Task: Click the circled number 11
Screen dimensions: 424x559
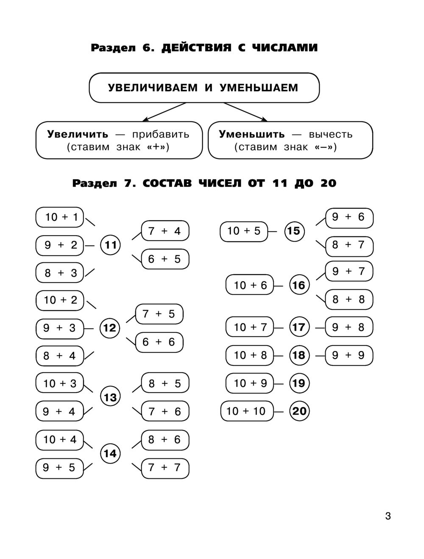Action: [110, 245]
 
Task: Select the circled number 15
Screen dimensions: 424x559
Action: [294, 231]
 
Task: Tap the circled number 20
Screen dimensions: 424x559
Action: [299, 411]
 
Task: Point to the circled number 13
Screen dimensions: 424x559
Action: [110, 397]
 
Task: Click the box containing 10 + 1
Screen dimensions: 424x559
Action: [60, 217]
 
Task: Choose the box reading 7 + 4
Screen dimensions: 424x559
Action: [165, 231]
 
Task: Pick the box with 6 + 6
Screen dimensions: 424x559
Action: [159, 342]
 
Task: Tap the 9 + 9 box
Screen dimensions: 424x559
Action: [349, 355]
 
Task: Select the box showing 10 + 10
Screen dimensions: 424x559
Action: [247, 411]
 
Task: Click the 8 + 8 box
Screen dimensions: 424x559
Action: [349, 299]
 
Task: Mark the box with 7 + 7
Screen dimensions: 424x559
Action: [165, 468]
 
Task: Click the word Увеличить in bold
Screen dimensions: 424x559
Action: [78, 134]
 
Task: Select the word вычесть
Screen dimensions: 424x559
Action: [331, 135]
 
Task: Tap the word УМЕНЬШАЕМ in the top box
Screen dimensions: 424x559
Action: [259, 87]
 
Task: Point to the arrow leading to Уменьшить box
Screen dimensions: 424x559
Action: [245, 112]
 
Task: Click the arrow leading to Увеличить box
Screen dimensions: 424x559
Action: [164, 112]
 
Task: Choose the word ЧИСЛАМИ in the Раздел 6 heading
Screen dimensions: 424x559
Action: [285, 48]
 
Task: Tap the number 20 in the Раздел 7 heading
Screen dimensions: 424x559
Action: [329, 183]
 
